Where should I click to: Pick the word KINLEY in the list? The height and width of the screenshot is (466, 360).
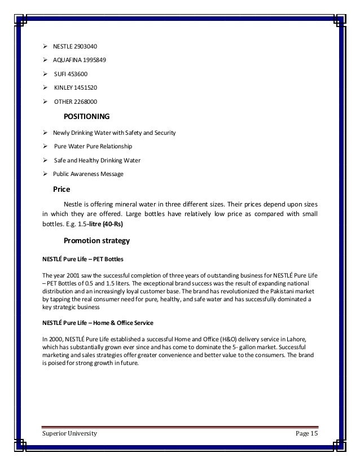[63, 87]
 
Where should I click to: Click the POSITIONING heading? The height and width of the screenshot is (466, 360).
[85, 117]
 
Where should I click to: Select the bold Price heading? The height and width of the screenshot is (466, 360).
[61, 190]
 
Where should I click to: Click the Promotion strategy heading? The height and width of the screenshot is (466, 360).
[96, 241]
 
